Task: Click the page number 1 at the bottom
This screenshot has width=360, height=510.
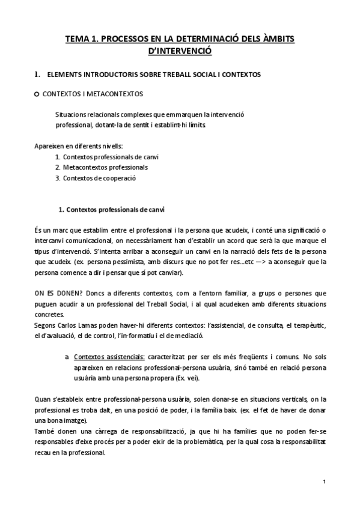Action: click(323, 482)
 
